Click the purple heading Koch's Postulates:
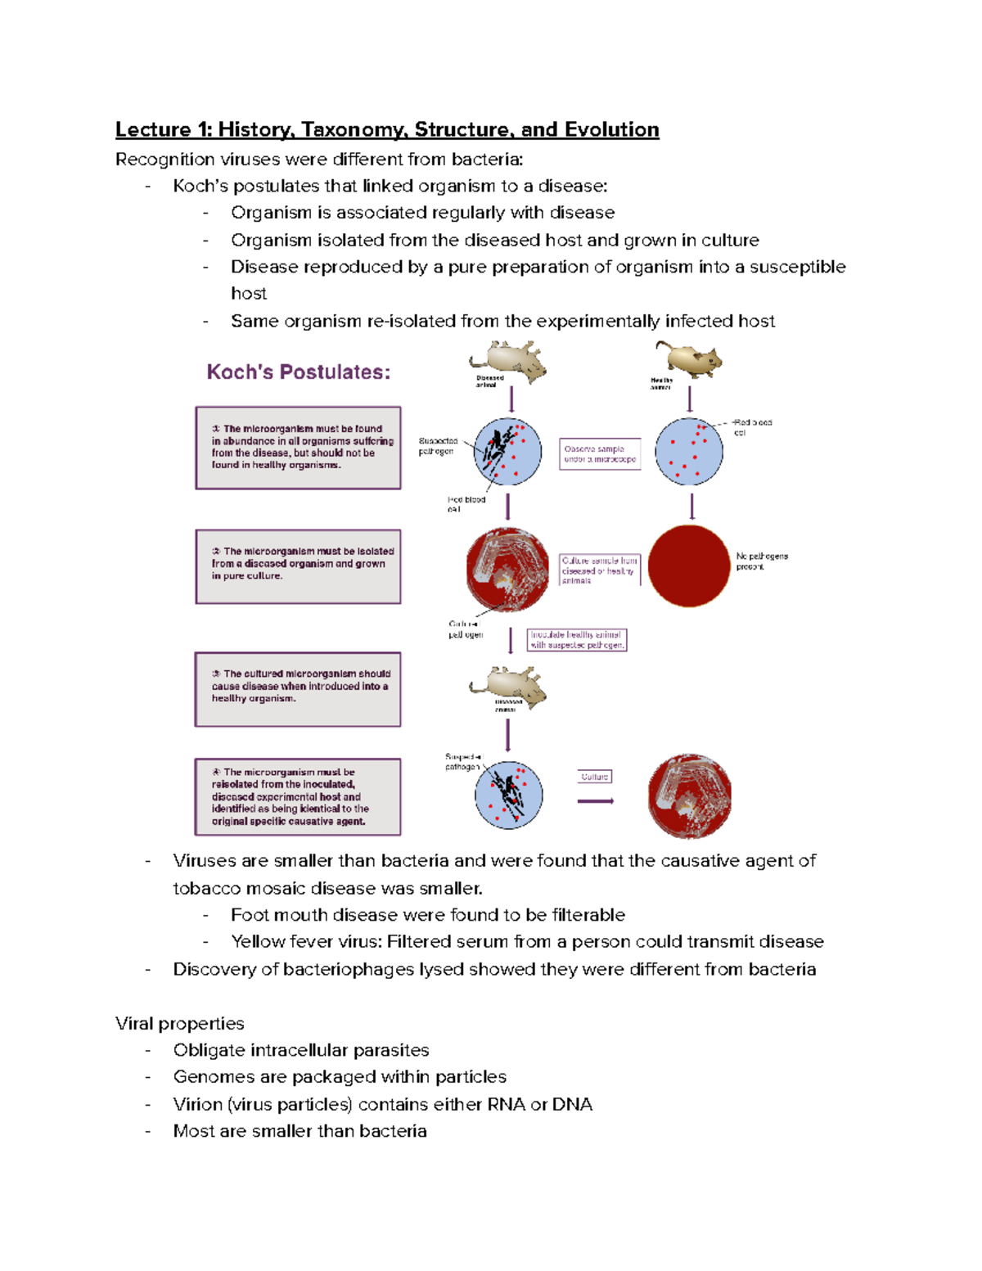[298, 372]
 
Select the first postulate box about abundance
[298, 448]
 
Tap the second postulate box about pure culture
[298, 566]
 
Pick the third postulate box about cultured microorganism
[298, 688]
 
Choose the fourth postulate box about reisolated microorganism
[298, 796]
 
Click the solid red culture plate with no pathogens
[689, 566]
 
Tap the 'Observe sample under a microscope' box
[600, 454]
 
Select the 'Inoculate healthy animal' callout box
[577, 639]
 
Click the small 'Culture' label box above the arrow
[595, 777]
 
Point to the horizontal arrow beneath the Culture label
[595, 800]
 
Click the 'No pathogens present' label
[761, 561]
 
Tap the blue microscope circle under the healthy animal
[690, 451]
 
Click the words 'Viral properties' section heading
[180, 1023]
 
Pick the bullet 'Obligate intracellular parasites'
[301, 1050]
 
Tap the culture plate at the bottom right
[689, 796]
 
